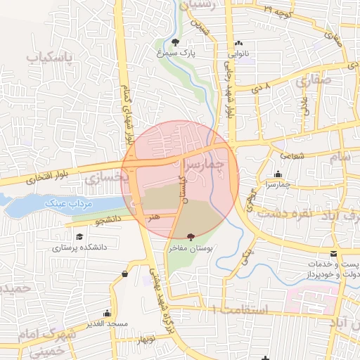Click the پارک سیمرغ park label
point(176,52)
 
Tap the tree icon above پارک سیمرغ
point(176,41)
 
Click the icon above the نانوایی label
point(239,43)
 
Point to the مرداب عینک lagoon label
point(69,202)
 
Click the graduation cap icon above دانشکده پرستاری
point(79,237)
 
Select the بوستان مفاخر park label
point(191,247)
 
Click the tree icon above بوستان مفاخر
point(191,237)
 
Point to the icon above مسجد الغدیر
point(108,312)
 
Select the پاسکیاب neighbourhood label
point(49,57)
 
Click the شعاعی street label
point(292,154)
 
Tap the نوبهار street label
point(146,340)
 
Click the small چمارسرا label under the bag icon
point(278,184)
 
